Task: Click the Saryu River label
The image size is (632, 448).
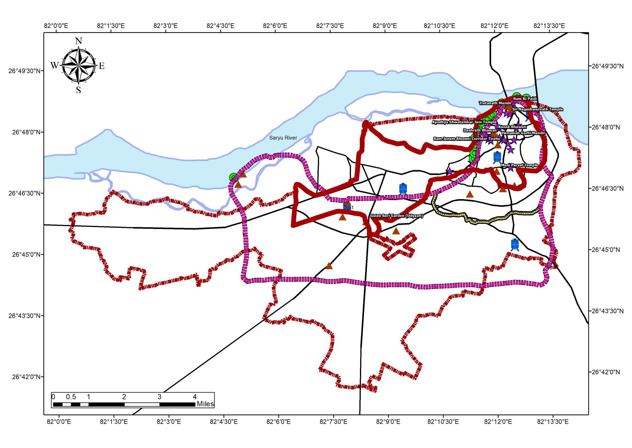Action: [x=283, y=138]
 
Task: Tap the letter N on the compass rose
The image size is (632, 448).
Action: [x=79, y=41]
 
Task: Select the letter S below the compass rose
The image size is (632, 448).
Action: [x=78, y=90]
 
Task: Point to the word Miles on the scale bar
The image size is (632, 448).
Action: [x=205, y=404]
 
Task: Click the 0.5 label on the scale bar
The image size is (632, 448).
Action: [x=71, y=397]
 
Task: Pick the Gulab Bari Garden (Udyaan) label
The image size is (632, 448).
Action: [x=396, y=216]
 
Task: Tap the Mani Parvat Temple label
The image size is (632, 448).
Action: [x=519, y=165]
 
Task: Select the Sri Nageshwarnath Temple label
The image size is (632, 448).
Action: [x=537, y=109]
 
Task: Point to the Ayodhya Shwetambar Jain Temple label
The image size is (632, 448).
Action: [x=464, y=122]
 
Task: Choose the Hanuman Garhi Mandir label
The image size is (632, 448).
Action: [x=523, y=133]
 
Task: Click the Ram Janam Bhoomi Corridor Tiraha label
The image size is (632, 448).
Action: [x=467, y=139]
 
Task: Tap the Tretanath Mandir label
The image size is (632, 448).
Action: [x=495, y=103]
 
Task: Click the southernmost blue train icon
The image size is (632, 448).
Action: [x=515, y=244]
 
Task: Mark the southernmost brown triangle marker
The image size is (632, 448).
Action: [x=329, y=266]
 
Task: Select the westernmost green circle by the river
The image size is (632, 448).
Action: [x=233, y=177]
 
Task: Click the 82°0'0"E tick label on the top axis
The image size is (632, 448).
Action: [x=56, y=26]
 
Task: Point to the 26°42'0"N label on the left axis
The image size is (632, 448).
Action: [x=26, y=377]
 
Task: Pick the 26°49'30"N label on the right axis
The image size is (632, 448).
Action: [x=607, y=66]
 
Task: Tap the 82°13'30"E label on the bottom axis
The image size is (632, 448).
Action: [x=553, y=422]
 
